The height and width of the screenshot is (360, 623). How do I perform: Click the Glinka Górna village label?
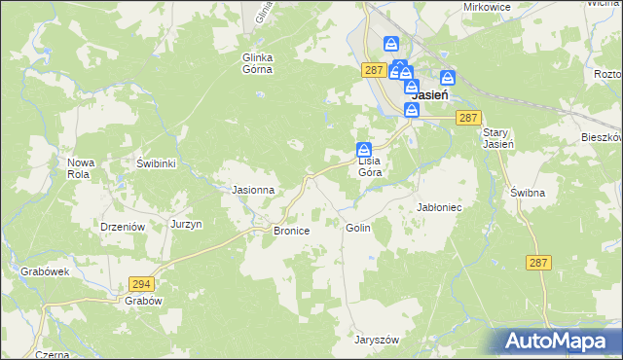point(258,63)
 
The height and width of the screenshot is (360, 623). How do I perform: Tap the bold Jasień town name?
point(429,96)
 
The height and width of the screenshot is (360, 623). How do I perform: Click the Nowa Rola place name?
point(82,167)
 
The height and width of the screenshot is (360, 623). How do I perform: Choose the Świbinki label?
point(156,163)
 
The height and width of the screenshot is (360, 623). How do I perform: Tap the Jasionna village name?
point(252,190)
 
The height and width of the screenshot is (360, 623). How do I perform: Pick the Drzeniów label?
point(123,226)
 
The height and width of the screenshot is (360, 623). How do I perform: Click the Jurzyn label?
point(186,224)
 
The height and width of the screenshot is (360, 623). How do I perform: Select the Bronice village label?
point(291,231)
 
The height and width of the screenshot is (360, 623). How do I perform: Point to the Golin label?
point(357,227)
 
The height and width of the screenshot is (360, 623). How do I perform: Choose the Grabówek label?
point(45,272)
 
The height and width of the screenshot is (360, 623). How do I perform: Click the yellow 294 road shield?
point(141,283)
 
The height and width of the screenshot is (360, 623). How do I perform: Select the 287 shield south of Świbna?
point(539,263)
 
